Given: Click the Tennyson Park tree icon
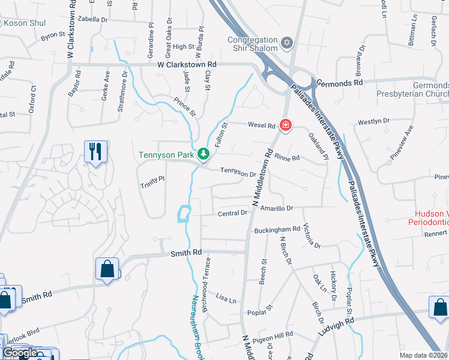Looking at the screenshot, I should pos(204,155).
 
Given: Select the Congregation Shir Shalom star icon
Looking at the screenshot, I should pos(287,43).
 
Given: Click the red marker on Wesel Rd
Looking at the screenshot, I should pos(286,125).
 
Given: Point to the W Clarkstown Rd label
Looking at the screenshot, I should pos(187,64).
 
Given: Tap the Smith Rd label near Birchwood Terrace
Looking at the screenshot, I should pos(185,253).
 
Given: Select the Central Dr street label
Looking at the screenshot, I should pos(232,213).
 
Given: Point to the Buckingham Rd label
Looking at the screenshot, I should pos(277,229).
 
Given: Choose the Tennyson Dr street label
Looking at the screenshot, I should pos(238,173).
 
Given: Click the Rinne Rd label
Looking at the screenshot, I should pos(287,158).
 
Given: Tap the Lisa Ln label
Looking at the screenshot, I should pos(226,298).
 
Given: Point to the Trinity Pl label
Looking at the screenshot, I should pos(152,180).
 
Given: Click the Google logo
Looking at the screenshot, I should pos(20,353).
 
